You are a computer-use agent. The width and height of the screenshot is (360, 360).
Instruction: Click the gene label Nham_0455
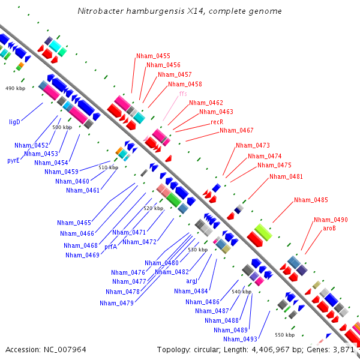click(153, 56)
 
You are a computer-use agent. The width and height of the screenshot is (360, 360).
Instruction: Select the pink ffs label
click(183, 94)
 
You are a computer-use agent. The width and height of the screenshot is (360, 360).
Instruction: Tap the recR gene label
click(217, 122)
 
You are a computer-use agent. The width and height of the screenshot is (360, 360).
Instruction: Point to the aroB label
click(329, 228)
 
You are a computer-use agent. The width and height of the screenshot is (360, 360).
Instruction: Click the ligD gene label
click(14, 122)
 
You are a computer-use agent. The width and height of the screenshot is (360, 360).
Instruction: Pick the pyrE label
click(13, 160)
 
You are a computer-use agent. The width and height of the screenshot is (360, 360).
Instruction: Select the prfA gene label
click(110, 247)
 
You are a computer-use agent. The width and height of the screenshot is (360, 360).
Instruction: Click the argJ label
click(191, 281)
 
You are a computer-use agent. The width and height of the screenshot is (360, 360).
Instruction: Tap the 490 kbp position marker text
click(15, 88)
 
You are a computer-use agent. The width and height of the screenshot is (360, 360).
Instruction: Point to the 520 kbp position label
click(154, 208)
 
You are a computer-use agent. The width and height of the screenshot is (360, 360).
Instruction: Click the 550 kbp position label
click(284, 335)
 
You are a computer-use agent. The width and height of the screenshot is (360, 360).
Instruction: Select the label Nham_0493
click(240, 339)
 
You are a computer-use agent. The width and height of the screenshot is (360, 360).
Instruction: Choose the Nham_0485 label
click(311, 200)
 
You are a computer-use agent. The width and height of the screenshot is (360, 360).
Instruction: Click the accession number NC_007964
click(65, 350)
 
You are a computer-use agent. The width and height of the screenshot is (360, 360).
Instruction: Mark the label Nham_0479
click(116, 303)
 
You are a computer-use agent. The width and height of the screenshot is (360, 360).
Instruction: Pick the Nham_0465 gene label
click(74, 223)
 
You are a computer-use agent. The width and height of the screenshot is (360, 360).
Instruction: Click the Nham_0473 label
click(253, 145)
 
